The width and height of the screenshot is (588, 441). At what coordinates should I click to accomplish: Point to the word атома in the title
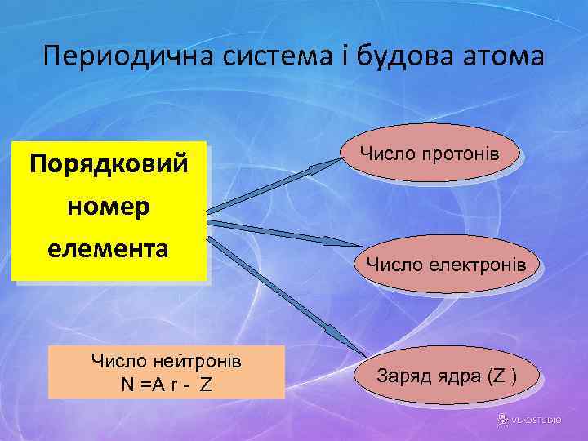(x=506, y=58)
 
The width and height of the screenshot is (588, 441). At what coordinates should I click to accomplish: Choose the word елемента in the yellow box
(x=108, y=248)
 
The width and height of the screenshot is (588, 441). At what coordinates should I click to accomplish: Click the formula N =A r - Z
(x=166, y=384)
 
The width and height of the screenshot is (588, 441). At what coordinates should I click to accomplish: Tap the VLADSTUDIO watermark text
(x=536, y=420)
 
